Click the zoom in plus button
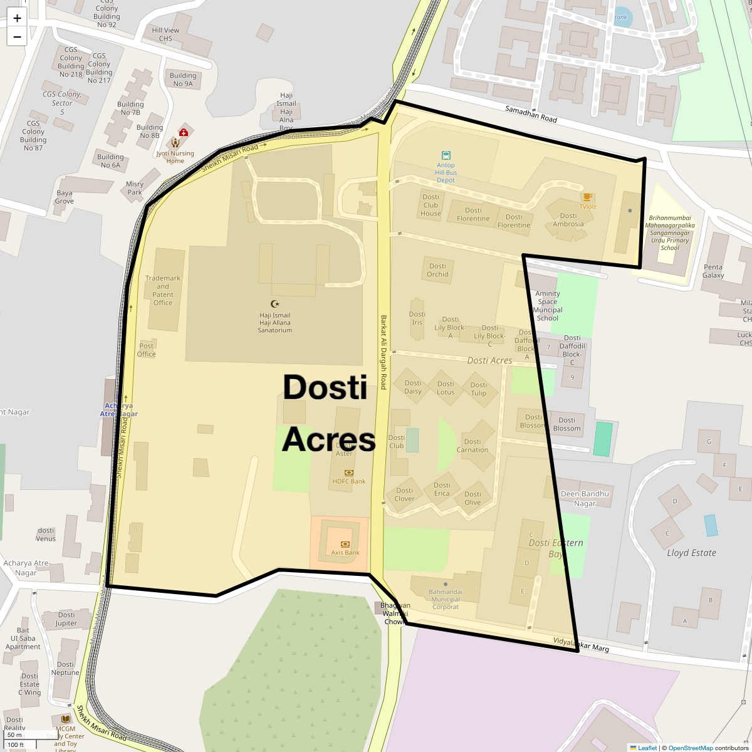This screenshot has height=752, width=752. [17, 18]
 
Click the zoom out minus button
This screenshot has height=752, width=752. [17, 36]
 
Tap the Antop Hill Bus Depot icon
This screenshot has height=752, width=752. [446, 155]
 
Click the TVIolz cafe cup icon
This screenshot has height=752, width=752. [587, 197]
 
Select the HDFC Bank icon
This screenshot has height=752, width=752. [349, 473]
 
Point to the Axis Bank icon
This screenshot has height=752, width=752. [345, 544]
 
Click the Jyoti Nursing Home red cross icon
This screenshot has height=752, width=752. [184, 132]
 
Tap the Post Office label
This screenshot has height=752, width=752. [147, 350]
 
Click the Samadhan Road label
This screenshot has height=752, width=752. [531, 114]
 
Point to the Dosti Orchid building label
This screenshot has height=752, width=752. [437, 270]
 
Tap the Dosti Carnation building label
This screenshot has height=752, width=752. [473, 446]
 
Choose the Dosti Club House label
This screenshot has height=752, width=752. [431, 205]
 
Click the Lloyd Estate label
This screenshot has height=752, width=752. [691, 553]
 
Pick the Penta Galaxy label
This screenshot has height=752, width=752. [713, 271]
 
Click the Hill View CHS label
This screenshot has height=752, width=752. [165, 34]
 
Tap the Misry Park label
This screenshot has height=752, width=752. [135, 188]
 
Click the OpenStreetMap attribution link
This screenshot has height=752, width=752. [690, 748]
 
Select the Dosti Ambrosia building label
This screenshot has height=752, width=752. [568, 220]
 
